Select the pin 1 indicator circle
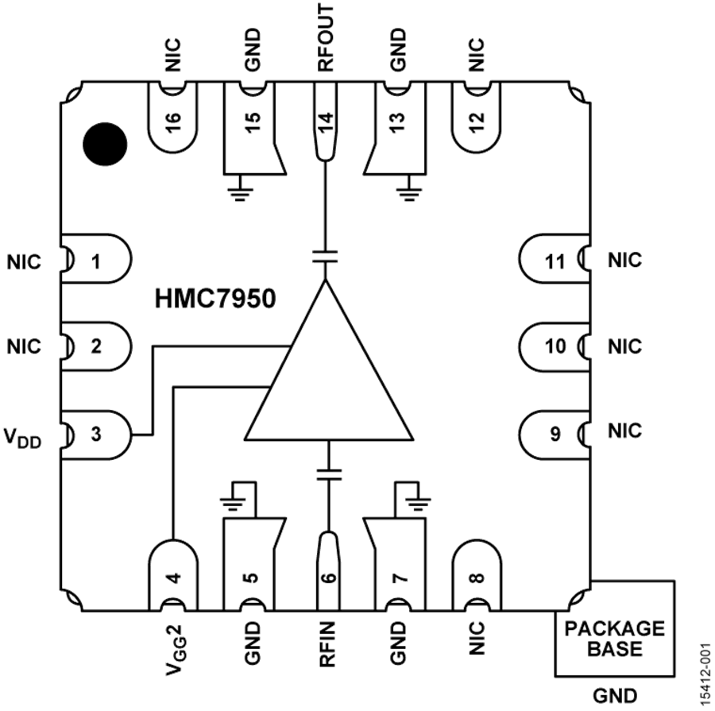[x=105, y=143]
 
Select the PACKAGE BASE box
[x=614, y=638]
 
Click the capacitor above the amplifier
[x=325, y=257]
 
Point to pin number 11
[x=556, y=261]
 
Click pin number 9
[x=556, y=433]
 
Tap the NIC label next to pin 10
[x=624, y=346]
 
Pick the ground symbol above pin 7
[x=415, y=500]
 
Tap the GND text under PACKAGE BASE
[x=614, y=696]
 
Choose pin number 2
[x=96, y=346]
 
